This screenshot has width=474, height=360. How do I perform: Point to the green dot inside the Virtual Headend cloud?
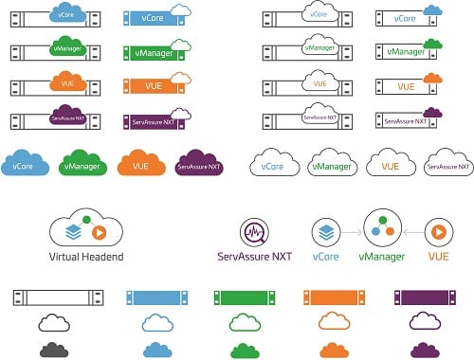pyautogui.click(x=87, y=222)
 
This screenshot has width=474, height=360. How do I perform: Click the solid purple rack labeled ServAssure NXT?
pyautogui.click(x=152, y=122)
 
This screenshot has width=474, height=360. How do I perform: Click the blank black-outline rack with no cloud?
pyautogui.click(x=53, y=297)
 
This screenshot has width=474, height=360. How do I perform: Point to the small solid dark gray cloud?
pyautogui.click(x=54, y=350)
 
